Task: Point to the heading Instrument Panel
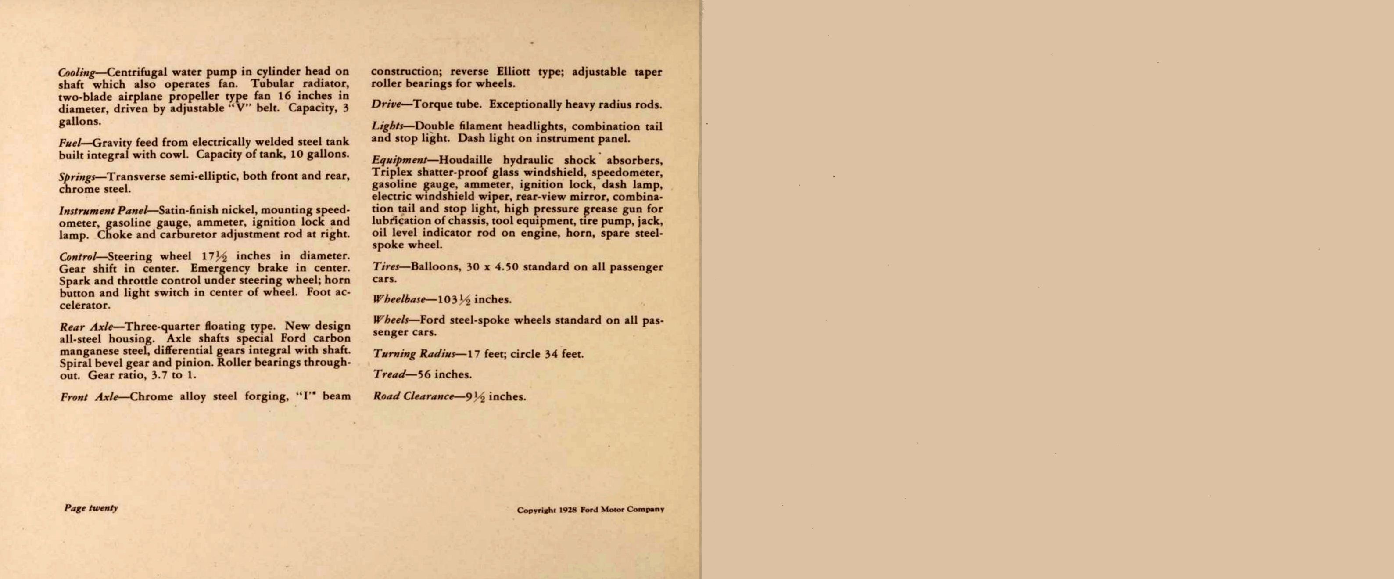(x=102, y=210)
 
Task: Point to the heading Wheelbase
(x=399, y=299)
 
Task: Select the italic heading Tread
(x=389, y=374)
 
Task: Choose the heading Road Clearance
(x=413, y=396)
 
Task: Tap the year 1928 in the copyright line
(x=568, y=510)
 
